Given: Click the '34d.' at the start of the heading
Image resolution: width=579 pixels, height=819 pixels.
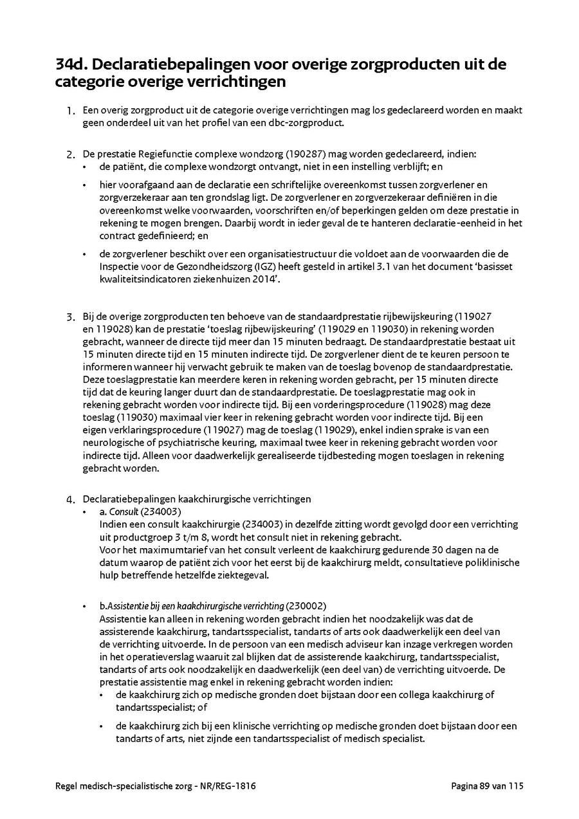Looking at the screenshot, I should pos(72,65).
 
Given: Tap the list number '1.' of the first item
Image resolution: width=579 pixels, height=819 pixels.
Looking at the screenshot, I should pos(70,111).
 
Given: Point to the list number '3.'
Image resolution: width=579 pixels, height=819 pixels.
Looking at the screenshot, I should pos(70,317).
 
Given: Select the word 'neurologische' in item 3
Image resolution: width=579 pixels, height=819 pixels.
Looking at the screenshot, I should pos(112,443).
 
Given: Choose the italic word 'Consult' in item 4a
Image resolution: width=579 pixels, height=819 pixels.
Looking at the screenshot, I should pos(124,511).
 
